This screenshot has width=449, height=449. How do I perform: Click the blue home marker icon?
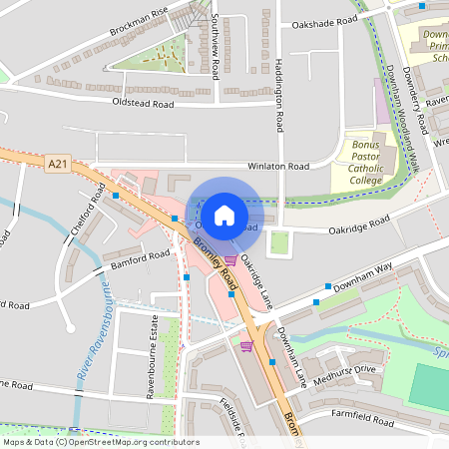click(224, 215)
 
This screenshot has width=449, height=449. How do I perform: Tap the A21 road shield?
click(59, 159)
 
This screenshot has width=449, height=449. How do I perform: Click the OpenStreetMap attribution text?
click(101, 442)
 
